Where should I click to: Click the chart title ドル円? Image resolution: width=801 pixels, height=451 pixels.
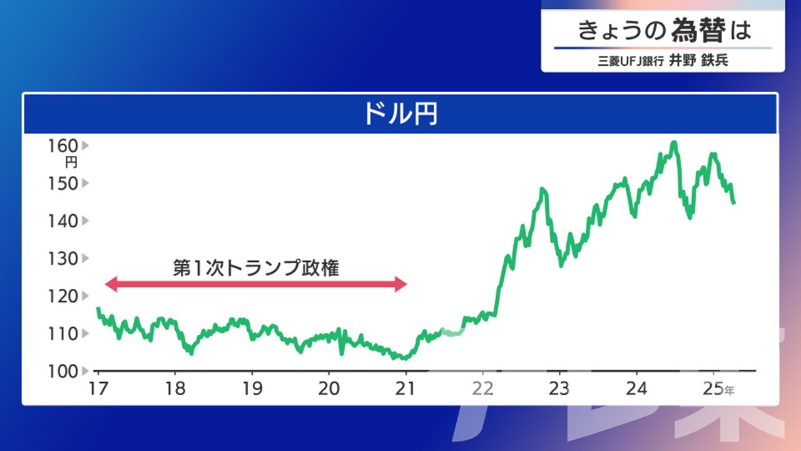click(x=400, y=114)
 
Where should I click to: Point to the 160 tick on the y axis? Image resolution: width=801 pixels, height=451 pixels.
click(x=63, y=146)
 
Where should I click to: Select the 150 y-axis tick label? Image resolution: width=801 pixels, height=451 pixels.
click(x=63, y=184)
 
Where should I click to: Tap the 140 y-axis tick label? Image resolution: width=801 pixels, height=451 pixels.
click(x=63, y=221)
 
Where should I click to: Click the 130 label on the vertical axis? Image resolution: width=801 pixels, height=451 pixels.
click(x=63, y=259)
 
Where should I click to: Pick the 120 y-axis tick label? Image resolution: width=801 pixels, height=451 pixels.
click(x=63, y=296)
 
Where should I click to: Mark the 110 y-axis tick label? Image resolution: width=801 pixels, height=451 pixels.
click(x=63, y=334)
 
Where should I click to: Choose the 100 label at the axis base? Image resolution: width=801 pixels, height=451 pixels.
click(x=63, y=371)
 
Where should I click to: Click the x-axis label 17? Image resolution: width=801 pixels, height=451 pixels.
click(x=98, y=389)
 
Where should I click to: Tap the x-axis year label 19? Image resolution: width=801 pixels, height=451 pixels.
click(x=252, y=389)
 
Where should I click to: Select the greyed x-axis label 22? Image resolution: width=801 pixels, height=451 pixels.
click(x=482, y=389)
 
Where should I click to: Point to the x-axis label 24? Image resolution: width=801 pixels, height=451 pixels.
click(x=636, y=389)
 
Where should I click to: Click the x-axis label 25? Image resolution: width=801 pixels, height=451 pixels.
click(x=713, y=389)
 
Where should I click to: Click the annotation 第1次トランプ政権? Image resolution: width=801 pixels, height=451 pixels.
click(x=256, y=268)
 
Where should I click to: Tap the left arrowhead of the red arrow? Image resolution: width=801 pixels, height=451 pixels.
click(x=111, y=284)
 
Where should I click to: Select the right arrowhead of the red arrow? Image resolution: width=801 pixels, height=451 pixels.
click(x=401, y=284)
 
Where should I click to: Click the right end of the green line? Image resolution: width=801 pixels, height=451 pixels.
click(x=734, y=203)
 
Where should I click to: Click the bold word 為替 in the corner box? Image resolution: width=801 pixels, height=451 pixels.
click(x=698, y=31)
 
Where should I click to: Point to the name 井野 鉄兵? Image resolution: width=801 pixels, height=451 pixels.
click(x=698, y=61)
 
